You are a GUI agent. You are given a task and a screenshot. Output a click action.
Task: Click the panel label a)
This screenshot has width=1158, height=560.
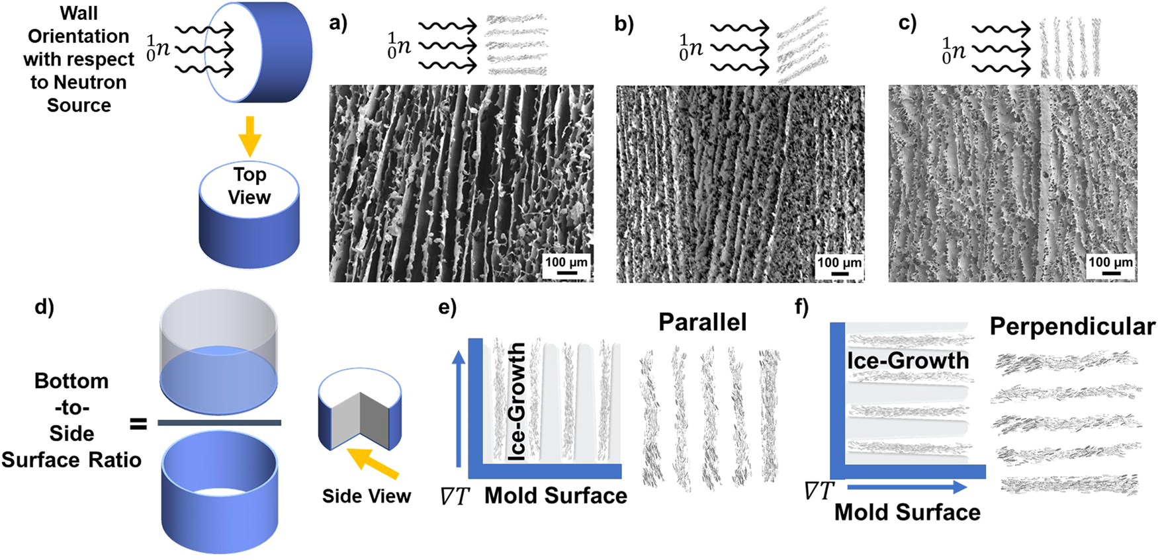tap(338, 24)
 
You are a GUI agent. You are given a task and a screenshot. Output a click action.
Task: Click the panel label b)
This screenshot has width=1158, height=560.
tap(624, 24)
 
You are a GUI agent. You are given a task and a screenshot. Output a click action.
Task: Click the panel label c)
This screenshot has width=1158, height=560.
tap(908, 24)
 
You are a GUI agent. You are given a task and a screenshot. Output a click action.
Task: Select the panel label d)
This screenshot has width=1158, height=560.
tap(44, 308)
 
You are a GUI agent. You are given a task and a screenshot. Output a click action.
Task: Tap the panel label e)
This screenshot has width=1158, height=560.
tap(447, 308)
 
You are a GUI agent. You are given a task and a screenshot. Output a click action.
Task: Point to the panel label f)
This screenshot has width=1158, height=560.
tap(801, 308)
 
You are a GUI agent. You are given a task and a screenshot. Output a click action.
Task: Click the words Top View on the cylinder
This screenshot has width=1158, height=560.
tap(249, 186)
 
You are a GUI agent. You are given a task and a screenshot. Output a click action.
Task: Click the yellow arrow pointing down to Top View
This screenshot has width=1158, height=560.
tap(249, 135)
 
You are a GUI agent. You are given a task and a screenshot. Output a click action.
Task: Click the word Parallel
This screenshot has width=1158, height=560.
tap(702, 322)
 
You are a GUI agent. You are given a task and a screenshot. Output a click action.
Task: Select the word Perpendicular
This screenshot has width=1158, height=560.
tap(1072, 327)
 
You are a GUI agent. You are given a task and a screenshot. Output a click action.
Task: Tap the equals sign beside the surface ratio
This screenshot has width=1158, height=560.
tap(138, 423)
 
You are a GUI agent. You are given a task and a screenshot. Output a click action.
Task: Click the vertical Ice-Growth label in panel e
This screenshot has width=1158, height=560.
tap(517, 401)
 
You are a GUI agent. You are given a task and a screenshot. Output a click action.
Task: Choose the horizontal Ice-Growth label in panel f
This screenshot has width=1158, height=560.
tap(908, 360)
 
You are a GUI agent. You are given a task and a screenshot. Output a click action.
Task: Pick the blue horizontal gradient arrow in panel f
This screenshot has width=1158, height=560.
tap(907, 487)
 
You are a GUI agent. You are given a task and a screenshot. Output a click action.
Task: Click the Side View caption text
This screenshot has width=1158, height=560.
tap(367, 496)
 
